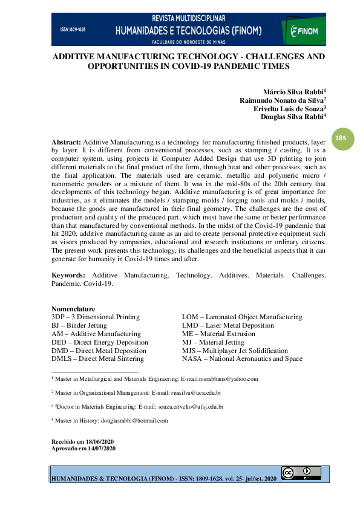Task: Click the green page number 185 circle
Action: [x=341, y=138]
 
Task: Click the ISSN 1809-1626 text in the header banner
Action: [x=73, y=29]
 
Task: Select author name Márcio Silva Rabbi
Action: [x=293, y=92]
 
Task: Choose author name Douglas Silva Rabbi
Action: [x=293, y=117]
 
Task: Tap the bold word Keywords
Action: [x=68, y=275]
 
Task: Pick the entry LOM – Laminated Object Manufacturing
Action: [x=242, y=317]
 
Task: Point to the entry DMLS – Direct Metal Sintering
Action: [x=99, y=359]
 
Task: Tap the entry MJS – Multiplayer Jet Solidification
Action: [x=235, y=351]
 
